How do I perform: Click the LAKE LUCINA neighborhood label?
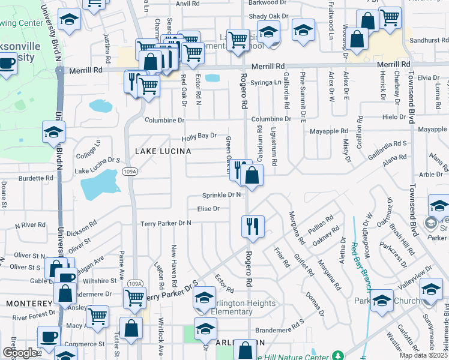pyautogui.click(x=163, y=151)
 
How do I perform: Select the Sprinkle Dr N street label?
pyautogui.click(x=221, y=195)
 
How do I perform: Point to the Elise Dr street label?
pyautogui.click(x=208, y=209)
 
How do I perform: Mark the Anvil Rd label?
pyautogui.click(x=187, y=4)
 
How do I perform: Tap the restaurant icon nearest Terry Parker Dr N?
pyautogui.click(x=252, y=226)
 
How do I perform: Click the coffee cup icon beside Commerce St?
pyautogui.click(x=49, y=337)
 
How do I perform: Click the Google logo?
pyautogui.click(x=19, y=353)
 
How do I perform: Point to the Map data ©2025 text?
pyautogui.click(x=422, y=355)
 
